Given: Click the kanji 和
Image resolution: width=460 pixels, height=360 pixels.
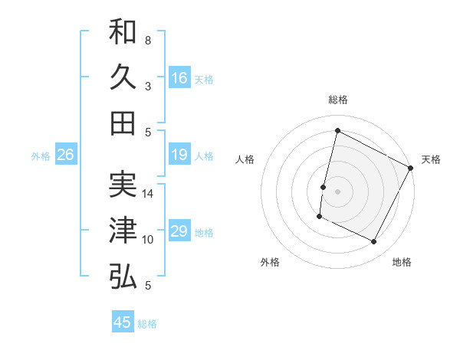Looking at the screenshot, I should (123, 32).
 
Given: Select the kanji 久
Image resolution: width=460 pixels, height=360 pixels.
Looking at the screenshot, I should (123, 77).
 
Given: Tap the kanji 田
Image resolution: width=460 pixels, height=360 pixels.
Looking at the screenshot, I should (123, 123).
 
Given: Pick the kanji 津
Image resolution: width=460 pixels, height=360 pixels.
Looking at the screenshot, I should (123, 231).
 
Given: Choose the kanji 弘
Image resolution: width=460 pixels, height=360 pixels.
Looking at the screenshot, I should (123, 277).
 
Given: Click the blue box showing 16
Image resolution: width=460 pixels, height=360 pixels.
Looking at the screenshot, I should (179, 78).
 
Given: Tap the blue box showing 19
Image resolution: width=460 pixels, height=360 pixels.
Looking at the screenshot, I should (179, 155).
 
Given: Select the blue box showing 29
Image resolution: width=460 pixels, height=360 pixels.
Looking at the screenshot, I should (179, 231).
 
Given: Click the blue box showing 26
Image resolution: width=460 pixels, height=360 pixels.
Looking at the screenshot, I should (65, 155).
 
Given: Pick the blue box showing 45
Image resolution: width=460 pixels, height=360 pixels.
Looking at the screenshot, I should (123, 322).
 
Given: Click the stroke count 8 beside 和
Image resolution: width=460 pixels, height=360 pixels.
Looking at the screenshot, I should (147, 40).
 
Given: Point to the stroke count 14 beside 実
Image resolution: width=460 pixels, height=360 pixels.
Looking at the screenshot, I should (148, 194).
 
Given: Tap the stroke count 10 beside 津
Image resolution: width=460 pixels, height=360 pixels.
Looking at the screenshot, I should (148, 240).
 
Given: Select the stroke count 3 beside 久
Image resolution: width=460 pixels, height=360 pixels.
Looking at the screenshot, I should (147, 87).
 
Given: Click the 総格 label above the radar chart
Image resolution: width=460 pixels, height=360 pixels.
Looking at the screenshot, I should (337, 100).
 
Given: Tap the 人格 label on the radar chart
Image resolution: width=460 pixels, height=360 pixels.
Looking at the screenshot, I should (245, 159).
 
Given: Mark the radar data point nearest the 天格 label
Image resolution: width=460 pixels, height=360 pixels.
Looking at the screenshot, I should (412, 168).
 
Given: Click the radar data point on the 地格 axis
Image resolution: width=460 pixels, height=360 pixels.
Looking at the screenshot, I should (374, 242).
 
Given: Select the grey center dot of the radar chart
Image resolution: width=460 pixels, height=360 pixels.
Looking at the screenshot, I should (337, 191).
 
